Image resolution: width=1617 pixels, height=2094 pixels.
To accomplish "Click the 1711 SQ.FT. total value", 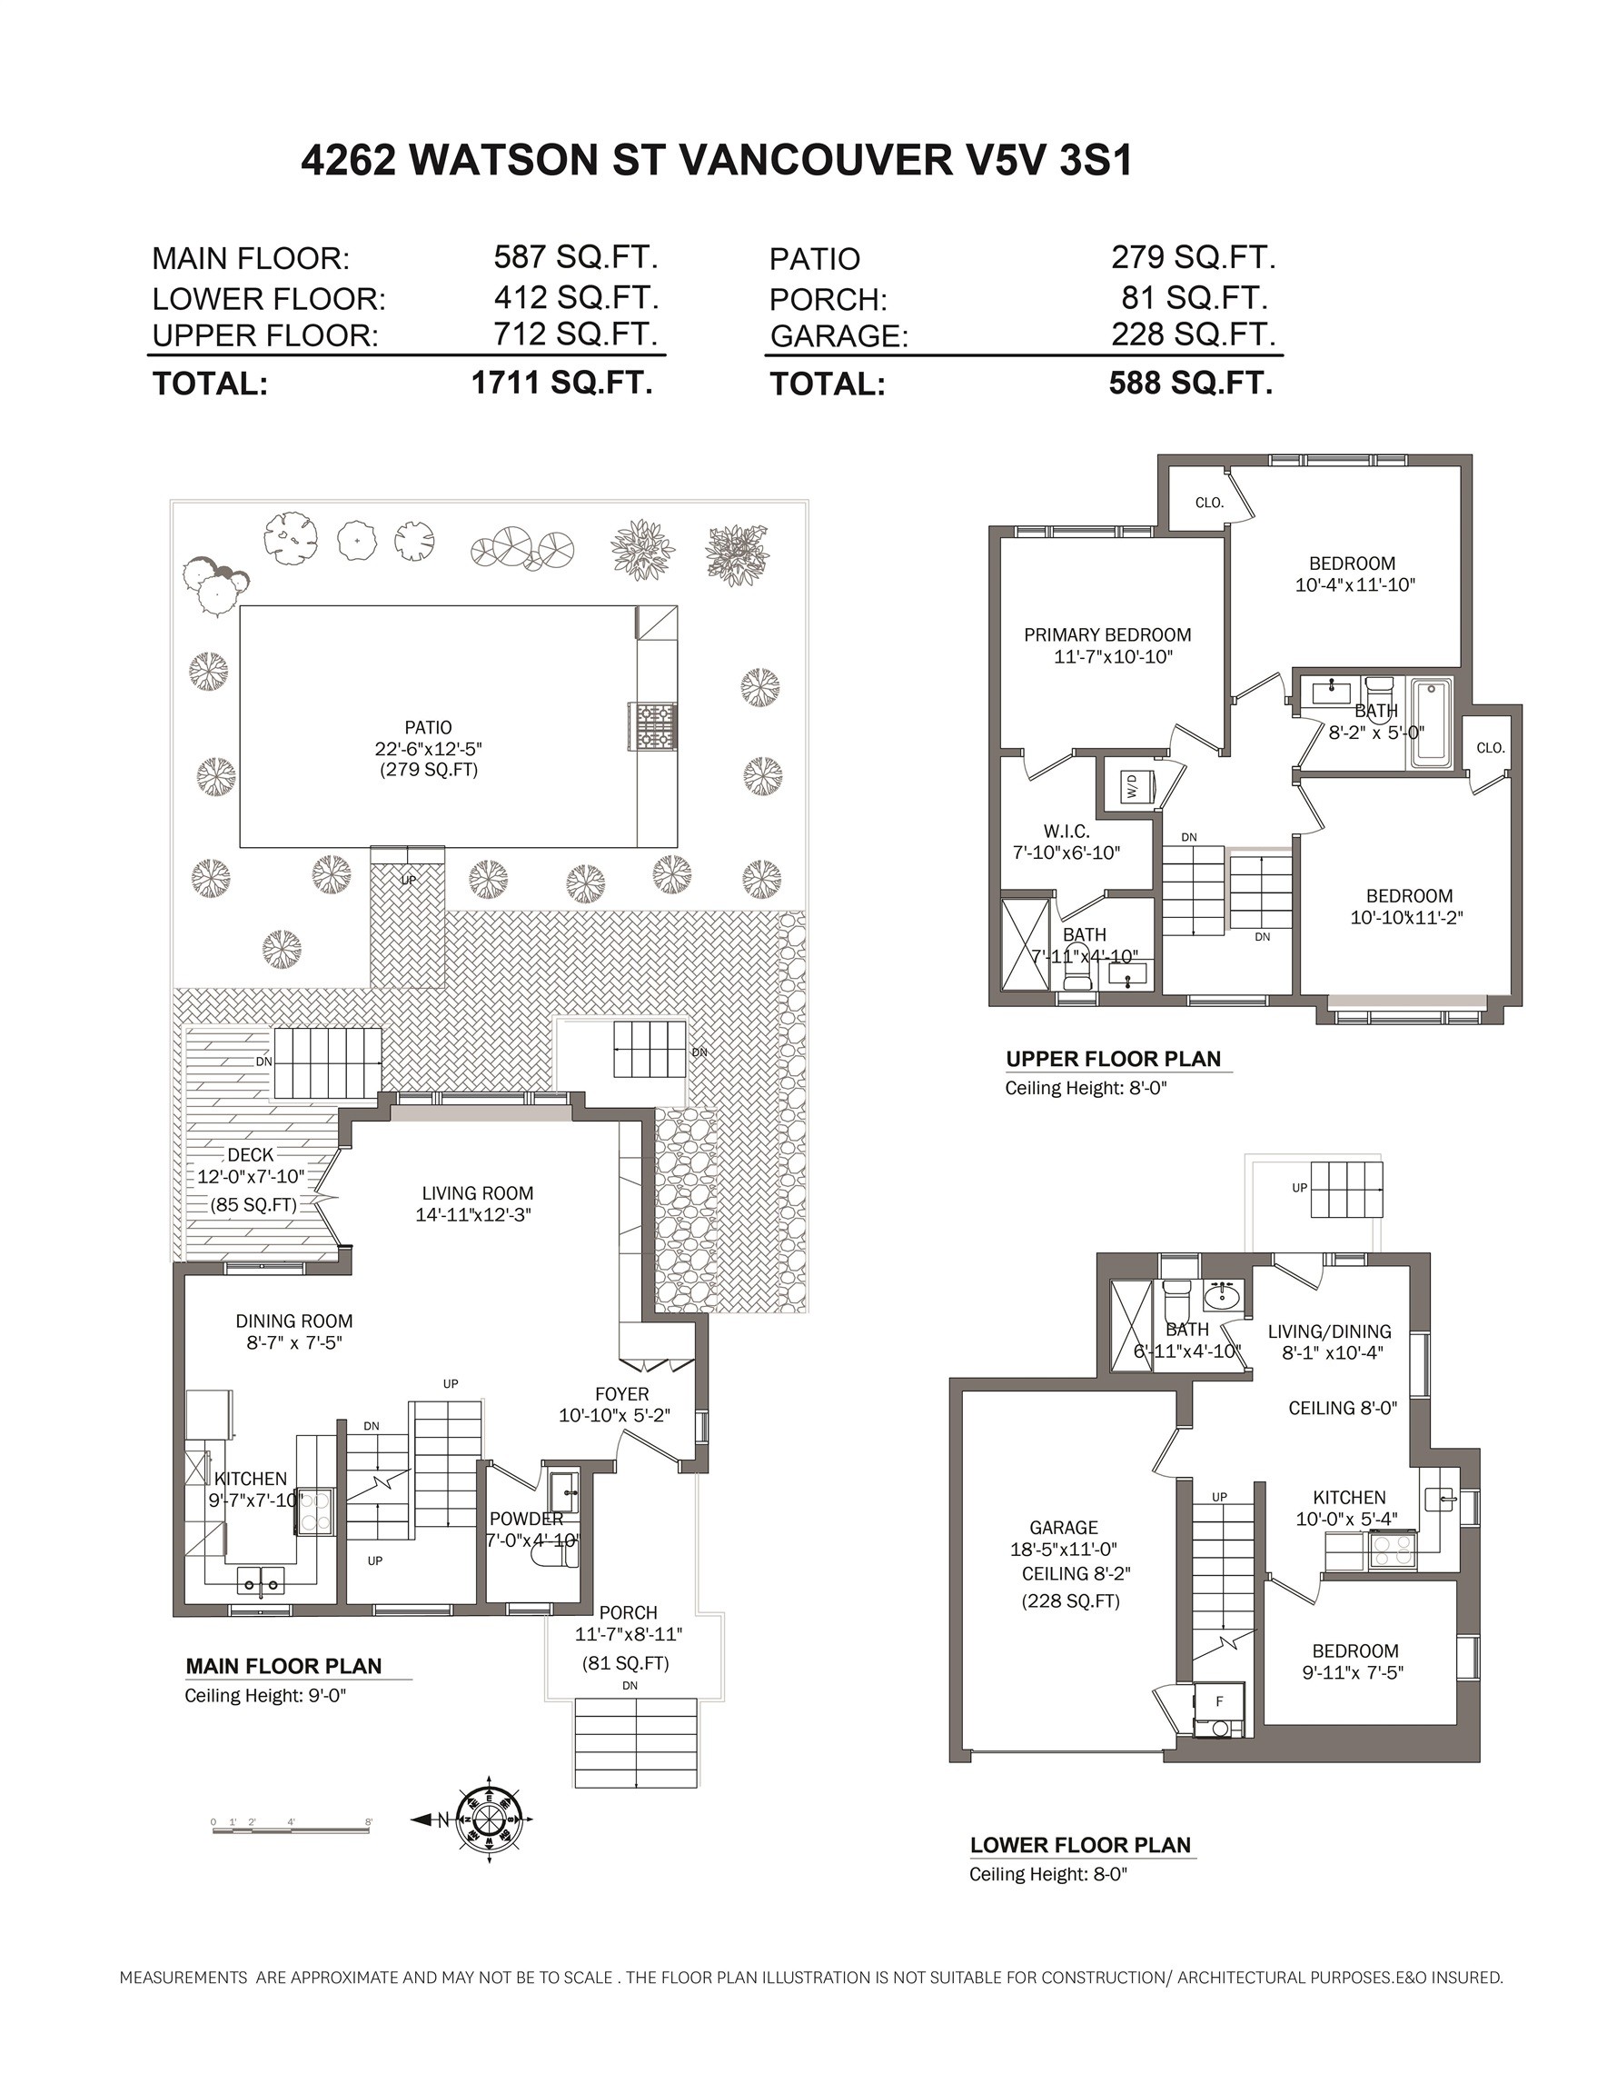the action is point(561,383).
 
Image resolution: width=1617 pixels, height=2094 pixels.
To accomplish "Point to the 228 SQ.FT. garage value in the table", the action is point(1193,334).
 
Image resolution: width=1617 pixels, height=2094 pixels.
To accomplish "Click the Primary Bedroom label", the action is point(1107,634).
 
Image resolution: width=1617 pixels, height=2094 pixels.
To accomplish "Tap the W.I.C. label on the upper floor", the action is point(1066,832).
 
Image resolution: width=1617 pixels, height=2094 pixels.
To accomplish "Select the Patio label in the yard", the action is point(428,728).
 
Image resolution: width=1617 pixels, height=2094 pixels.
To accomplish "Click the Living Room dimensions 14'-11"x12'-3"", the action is point(473,1215).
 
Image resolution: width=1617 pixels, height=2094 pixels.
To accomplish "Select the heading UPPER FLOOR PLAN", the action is point(1113,1059).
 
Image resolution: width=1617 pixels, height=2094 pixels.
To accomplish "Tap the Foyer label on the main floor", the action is point(621,1394).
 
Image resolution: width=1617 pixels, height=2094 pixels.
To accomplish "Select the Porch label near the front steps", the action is point(628,1612).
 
